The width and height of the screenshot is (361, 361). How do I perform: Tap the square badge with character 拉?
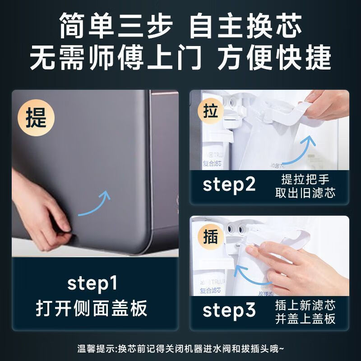211,111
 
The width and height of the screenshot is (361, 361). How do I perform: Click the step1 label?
92,283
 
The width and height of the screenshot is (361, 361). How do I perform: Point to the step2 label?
229,185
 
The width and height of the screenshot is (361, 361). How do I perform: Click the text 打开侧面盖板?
92,308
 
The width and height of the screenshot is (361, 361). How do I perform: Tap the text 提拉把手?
305,179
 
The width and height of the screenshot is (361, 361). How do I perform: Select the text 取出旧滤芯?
305,193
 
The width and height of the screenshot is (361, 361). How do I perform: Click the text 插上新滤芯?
305,305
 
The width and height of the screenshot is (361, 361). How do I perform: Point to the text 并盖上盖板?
305,319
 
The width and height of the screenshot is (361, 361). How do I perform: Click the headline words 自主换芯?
246,27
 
